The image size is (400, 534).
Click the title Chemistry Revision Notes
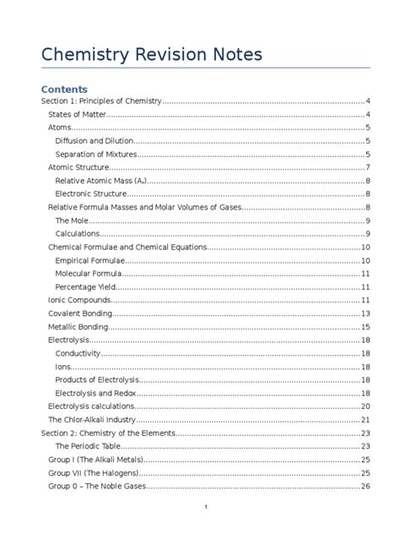[x=152, y=55]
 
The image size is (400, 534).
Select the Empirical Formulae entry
[x=89, y=260]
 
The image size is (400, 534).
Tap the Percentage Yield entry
[x=85, y=286]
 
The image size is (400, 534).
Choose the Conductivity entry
[x=78, y=353]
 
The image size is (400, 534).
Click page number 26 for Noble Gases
[x=365, y=486]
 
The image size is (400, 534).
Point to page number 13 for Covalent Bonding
[x=365, y=313]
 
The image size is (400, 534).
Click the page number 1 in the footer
[x=205, y=505]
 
